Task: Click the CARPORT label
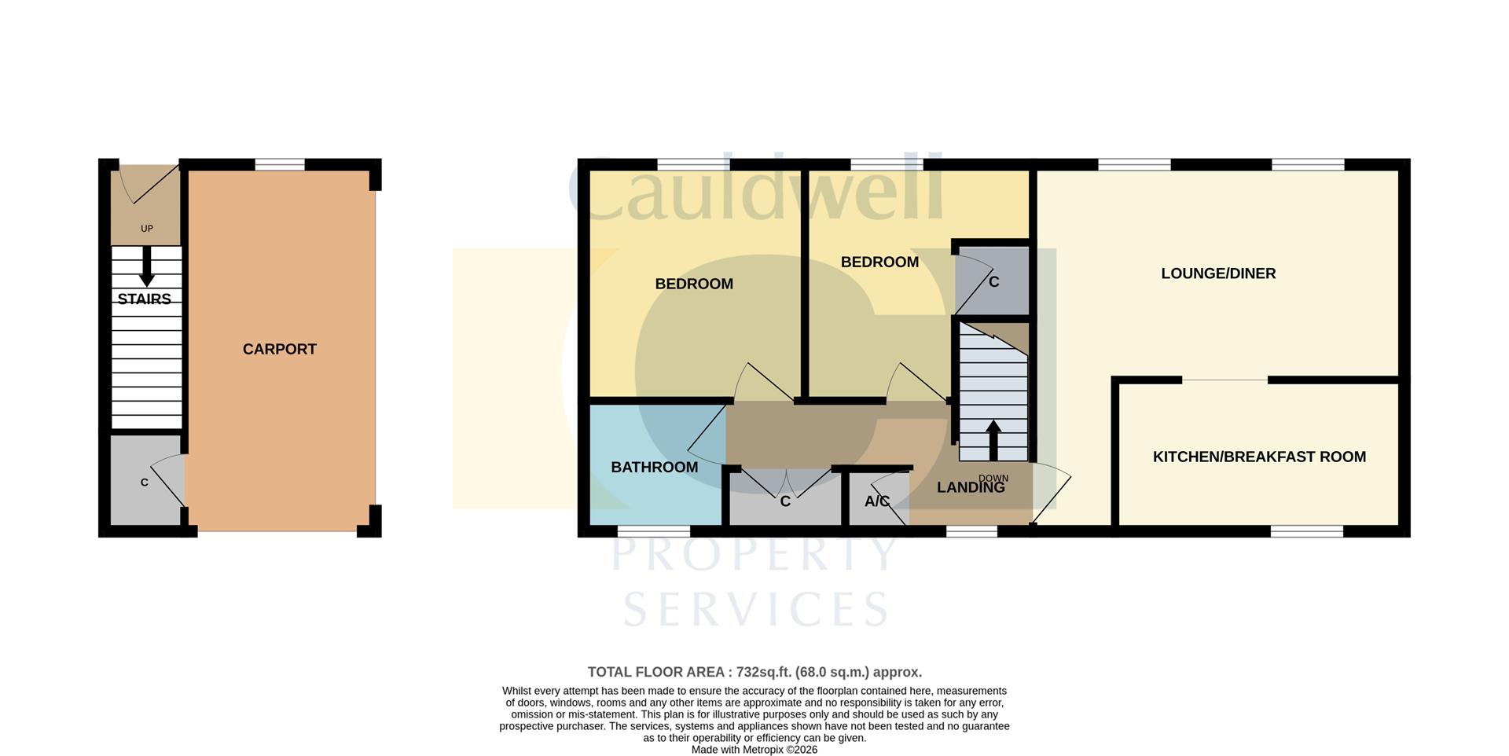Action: pyautogui.click(x=279, y=349)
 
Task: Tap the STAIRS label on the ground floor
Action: pyautogui.click(x=145, y=299)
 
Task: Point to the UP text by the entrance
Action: pyautogui.click(x=146, y=229)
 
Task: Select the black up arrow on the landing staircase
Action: pyautogui.click(x=993, y=439)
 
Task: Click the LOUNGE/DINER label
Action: pyautogui.click(x=1218, y=273)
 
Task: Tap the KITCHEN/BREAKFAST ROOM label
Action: pyautogui.click(x=1259, y=457)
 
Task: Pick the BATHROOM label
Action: pyautogui.click(x=654, y=467)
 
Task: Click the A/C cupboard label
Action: pyautogui.click(x=876, y=501)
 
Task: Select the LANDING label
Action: pyautogui.click(x=971, y=487)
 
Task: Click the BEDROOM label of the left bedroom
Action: pyautogui.click(x=694, y=284)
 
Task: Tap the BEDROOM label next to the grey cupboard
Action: pyautogui.click(x=879, y=262)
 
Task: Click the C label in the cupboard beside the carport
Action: pyautogui.click(x=145, y=483)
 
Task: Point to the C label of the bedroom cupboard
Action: pyautogui.click(x=993, y=281)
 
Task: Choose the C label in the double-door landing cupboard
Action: pyautogui.click(x=784, y=501)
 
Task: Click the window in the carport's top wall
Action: pyautogui.click(x=280, y=164)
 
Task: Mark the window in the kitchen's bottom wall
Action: pyautogui.click(x=1306, y=531)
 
